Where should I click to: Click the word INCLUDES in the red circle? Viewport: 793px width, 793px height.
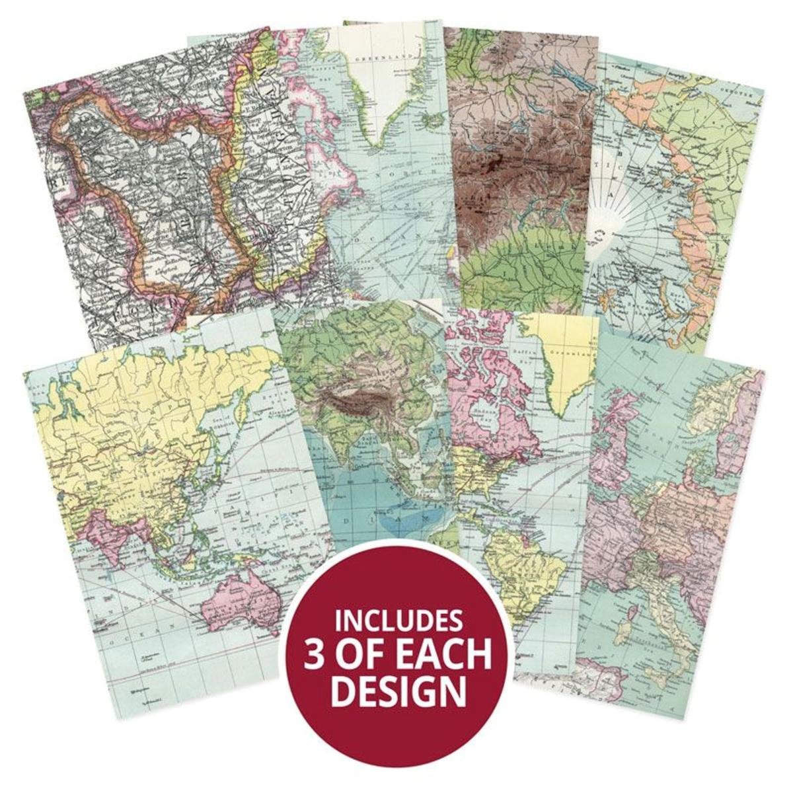point(398,621)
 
